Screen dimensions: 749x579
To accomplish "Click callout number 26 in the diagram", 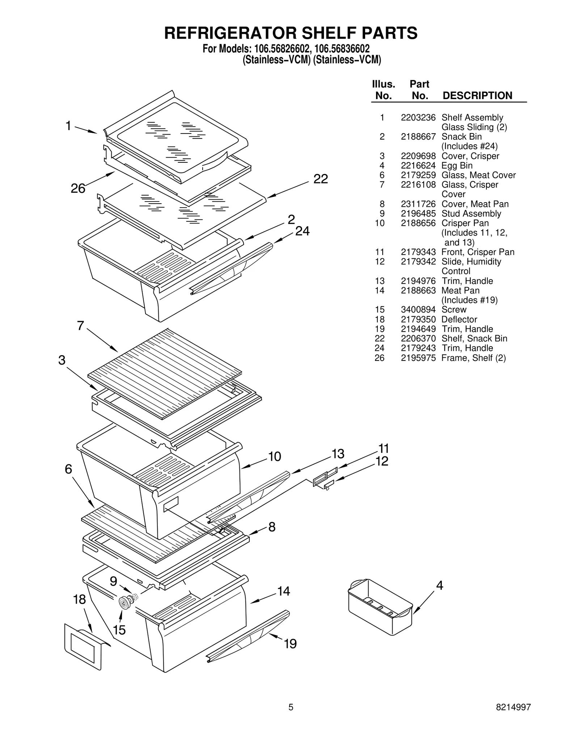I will coord(78,188).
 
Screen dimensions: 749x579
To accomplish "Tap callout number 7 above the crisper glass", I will coord(80,326).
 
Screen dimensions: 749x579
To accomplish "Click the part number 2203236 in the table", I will coord(418,118).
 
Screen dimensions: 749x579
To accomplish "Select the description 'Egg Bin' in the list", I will coord(457,166).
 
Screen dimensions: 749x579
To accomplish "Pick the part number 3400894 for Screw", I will coord(418,310).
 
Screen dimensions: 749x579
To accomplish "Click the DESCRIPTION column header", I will coord(477,95).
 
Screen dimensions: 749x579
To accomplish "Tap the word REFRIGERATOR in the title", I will coord(231,33).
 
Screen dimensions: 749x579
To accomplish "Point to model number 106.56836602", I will coord(342,49).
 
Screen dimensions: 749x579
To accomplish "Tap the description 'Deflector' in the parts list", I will coord(459,319).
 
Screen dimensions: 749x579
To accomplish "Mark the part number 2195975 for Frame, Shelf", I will coord(418,358).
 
